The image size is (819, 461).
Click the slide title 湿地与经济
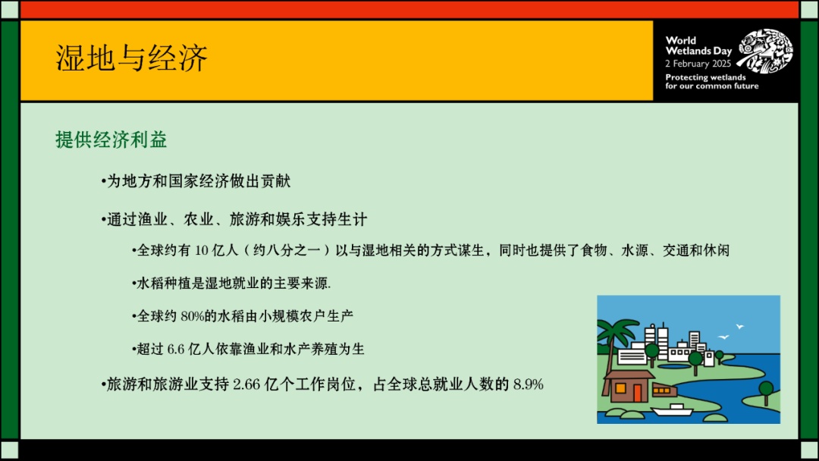coord(132,58)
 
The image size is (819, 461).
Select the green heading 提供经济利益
coord(111,140)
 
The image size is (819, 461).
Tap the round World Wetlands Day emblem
coord(764,52)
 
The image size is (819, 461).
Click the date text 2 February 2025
coord(698,64)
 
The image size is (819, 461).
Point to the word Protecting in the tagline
coord(686,77)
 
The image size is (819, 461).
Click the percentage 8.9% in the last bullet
coord(529,384)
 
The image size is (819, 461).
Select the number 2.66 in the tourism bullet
coord(246,384)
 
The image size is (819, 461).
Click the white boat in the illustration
coord(672,410)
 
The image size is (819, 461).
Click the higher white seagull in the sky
coord(740,327)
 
